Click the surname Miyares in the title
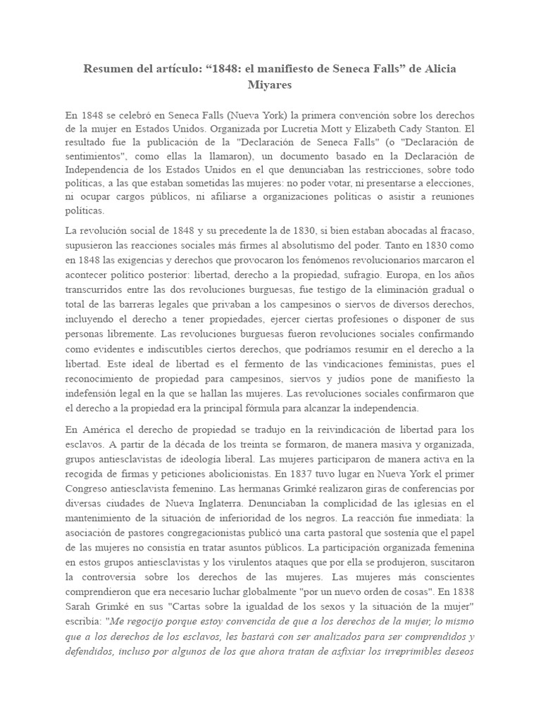pyautogui.click(x=270, y=84)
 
